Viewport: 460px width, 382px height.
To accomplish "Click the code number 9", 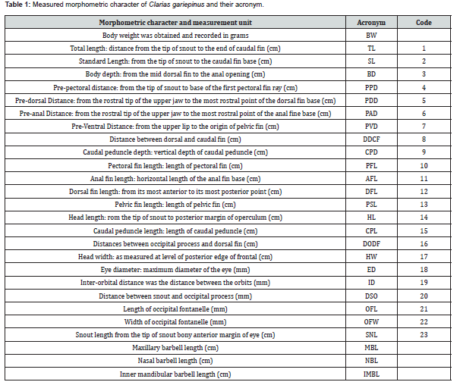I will coord(424,152).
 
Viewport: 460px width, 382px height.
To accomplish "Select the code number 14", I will coord(424,217).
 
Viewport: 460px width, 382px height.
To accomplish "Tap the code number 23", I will coord(424,334).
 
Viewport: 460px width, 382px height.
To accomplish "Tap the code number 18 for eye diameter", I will coord(424,269).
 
